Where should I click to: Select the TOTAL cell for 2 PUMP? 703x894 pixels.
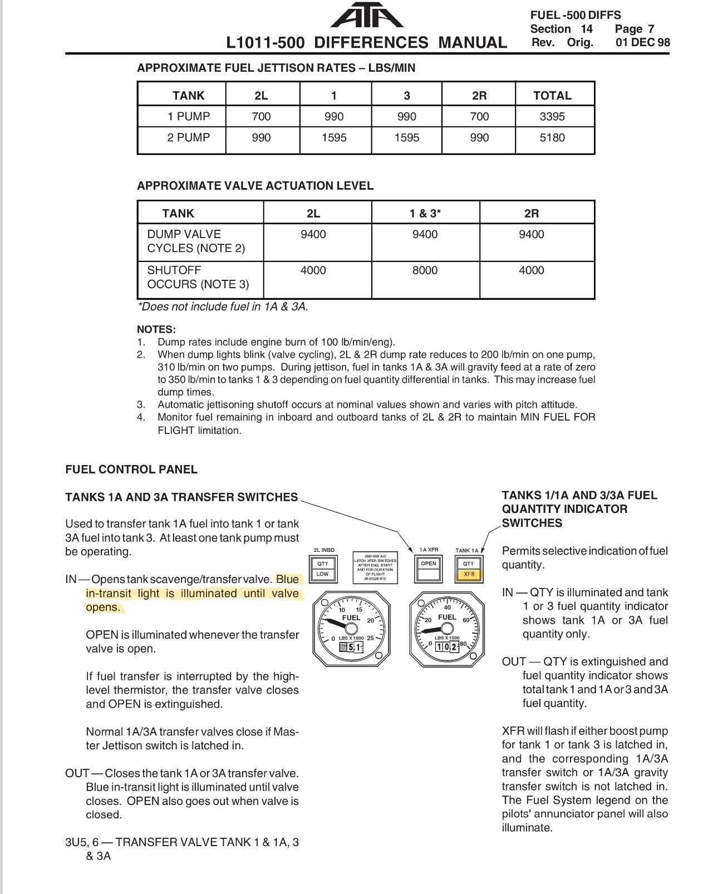[552, 137]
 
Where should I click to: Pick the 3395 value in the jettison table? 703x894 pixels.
[552, 116]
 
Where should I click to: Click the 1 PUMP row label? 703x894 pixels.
[189, 116]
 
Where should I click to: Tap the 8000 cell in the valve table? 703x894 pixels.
[425, 270]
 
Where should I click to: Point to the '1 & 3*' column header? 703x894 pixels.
[425, 213]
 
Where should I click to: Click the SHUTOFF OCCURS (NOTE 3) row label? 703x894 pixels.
[198, 277]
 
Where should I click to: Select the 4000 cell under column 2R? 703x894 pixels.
[531, 270]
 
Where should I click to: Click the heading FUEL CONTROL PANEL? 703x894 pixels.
[131, 469]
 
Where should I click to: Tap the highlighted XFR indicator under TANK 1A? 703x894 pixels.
[469, 574]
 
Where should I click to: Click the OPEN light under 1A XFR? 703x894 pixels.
[428, 564]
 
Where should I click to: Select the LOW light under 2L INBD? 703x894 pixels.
[322, 574]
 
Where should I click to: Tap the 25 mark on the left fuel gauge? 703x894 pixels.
[370, 638]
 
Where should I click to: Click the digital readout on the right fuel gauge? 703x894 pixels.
[446, 647]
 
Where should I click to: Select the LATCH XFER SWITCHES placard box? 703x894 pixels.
[375, 567]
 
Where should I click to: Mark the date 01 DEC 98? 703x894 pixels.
[642, 43]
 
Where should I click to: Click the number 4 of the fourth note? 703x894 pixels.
[141, 417]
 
